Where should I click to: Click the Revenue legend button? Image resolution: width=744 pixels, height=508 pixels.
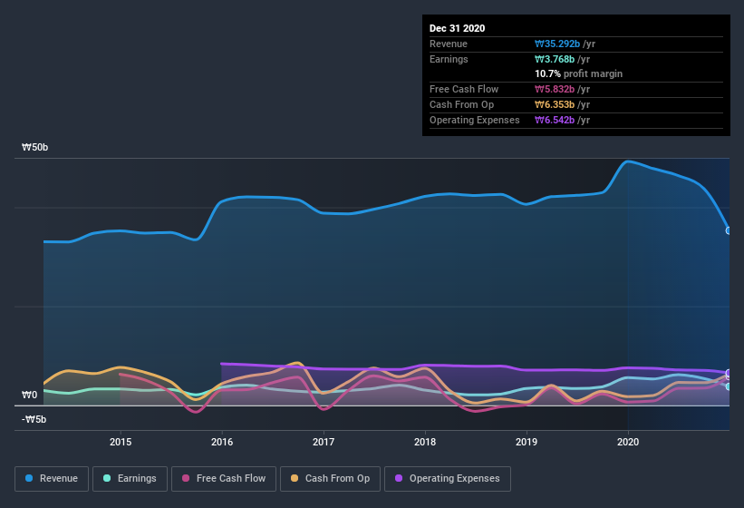52,478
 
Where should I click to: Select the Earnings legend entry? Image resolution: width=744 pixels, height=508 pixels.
129,478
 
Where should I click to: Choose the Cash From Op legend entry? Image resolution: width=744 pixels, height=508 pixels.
330,478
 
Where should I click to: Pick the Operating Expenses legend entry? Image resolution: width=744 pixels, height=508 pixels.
447,478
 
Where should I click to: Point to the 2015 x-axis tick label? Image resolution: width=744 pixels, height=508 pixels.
121,443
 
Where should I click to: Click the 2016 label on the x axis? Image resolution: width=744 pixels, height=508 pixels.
222,443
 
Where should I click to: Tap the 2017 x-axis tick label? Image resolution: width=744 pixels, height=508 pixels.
324,443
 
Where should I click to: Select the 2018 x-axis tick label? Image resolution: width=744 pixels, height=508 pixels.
424,443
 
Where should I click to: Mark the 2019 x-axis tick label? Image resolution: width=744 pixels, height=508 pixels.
527,443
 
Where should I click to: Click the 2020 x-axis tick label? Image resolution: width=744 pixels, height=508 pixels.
627,443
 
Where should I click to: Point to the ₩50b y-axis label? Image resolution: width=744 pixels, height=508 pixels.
35,147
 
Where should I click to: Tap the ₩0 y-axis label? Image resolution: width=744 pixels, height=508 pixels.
31,395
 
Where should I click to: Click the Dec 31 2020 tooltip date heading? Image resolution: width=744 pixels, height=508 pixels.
458,28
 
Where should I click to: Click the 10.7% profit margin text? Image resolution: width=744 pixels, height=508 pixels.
578,73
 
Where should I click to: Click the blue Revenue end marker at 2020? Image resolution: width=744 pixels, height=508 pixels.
729,230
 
